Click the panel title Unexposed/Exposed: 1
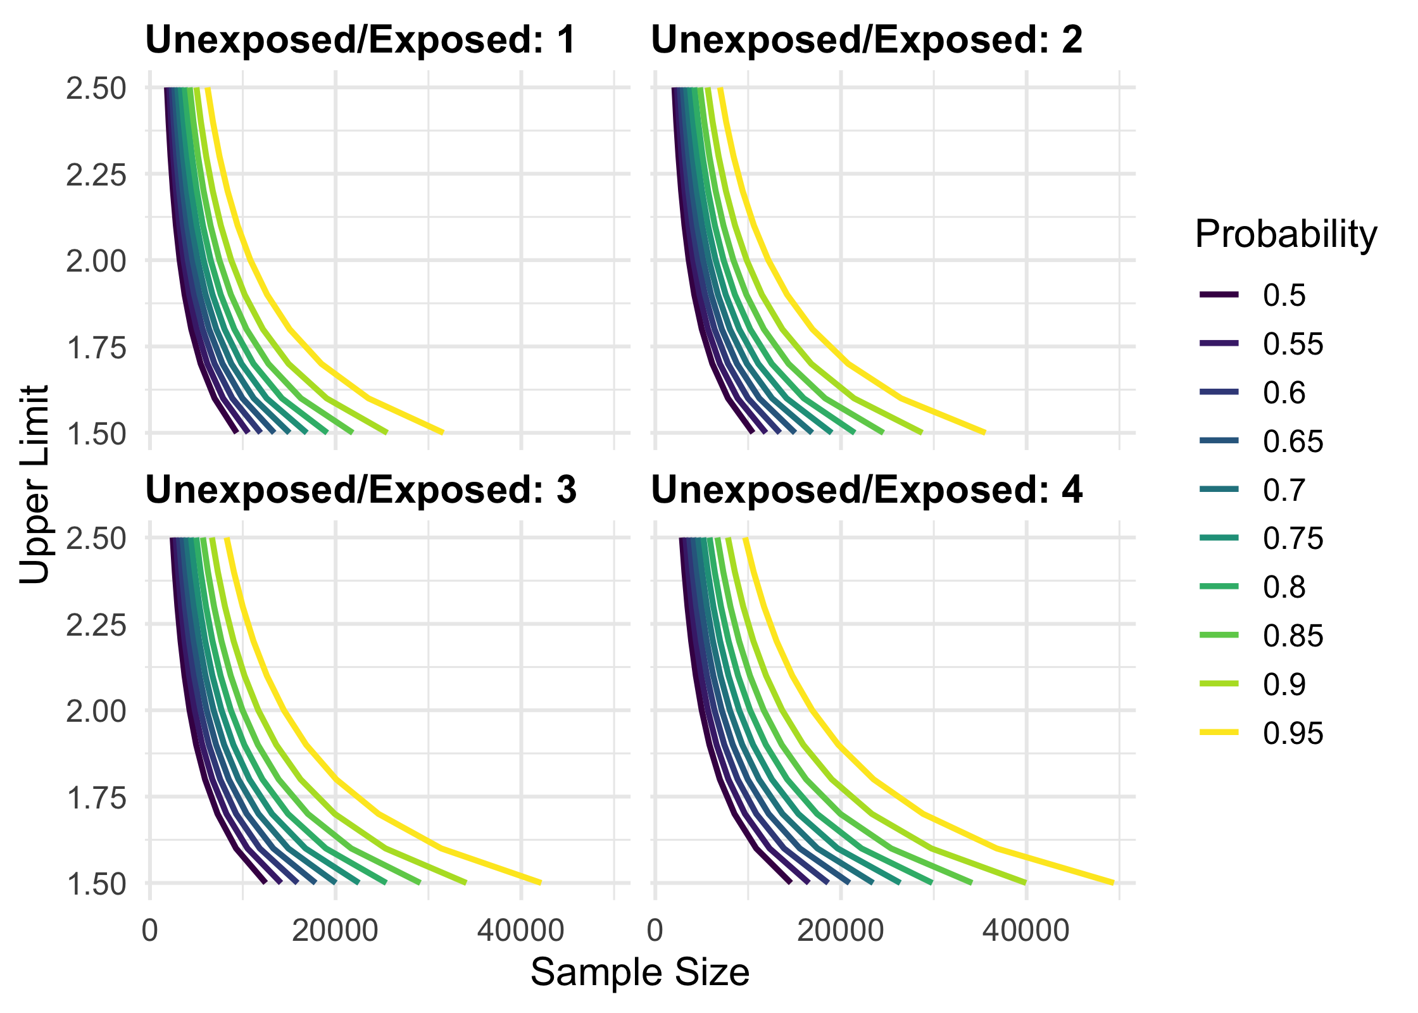point(360,40)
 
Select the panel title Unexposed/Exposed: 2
point(867,40)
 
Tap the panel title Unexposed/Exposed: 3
point(361,490)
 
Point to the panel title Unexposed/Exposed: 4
point(867,490)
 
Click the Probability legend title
point(1286,234)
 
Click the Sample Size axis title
point(639,972)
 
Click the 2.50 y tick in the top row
point(96,89)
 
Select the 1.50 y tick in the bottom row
point(96,884)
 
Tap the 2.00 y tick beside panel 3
point(96,711)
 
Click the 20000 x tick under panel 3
point(335,931)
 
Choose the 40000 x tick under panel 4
point(1026,931)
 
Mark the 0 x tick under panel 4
point(655,931)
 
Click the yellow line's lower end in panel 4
point(1112,883)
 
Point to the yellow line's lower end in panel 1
point(442,432)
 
